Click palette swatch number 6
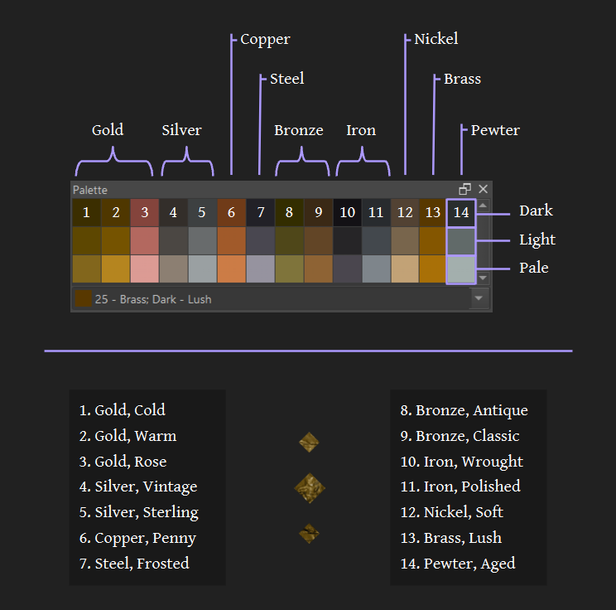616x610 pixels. pyautogui.click(x=231, y=213)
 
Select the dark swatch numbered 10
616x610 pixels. pyautogui.click(x=347, y=213)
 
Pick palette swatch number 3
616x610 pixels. pyautogui.click(x=144, y=213)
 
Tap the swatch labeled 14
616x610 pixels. pyautogui.click(x=461, y=213)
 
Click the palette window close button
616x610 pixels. pyautogui.click(x=484, y=189)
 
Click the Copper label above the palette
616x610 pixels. pyautogui.click(x=265, y=39)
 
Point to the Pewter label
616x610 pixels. pyautogui.click(x=495, y=130)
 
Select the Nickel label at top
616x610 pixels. pyautogui.click(x=436, y=39)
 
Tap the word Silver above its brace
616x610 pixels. pyautogui.click(x=181, y=130)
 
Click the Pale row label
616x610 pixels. pyautogui.click(x=534, y=268)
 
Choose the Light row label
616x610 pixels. pyautogui.click(x=537, y=240)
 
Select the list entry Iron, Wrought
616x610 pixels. pyautogui.click(x=461, y=461)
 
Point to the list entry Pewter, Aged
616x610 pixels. pyautogui.click(x=458, y=564)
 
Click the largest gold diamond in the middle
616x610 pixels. pyautogui.click(x=310, y=489)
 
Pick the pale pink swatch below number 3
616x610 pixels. pyautogui.click(x=144, y=269)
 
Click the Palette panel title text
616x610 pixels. pyautogui.click(x=90, y=190)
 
